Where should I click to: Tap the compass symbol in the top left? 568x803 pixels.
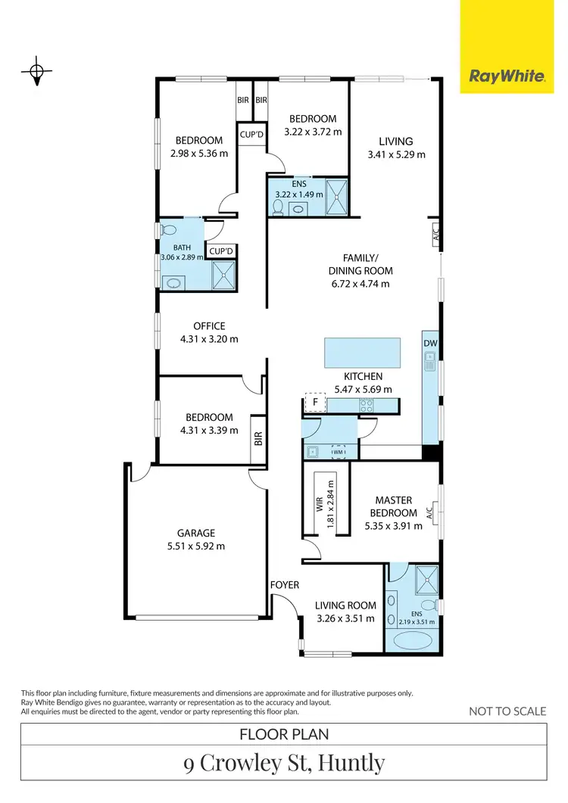(x=36, y=72)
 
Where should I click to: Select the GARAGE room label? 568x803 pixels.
(x=197, y=533)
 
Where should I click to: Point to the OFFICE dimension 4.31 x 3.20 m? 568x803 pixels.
(x=209, y=340)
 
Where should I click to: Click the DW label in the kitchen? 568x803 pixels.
(x=430, y=344)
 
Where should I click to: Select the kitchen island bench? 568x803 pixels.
(x=362, y=351)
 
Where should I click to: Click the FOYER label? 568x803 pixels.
(x=285, y=585)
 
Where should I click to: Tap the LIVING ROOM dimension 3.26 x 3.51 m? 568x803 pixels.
(x=345, y=618)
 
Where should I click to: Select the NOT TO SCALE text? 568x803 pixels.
(x=507, y=711)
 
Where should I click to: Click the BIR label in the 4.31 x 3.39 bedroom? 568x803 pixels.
(x=257, y=438)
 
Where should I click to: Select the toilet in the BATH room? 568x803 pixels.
(x=168, y=230)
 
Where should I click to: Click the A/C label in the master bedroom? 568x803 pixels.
(x=430, y=513)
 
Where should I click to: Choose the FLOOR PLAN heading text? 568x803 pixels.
(x=284, y=734)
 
